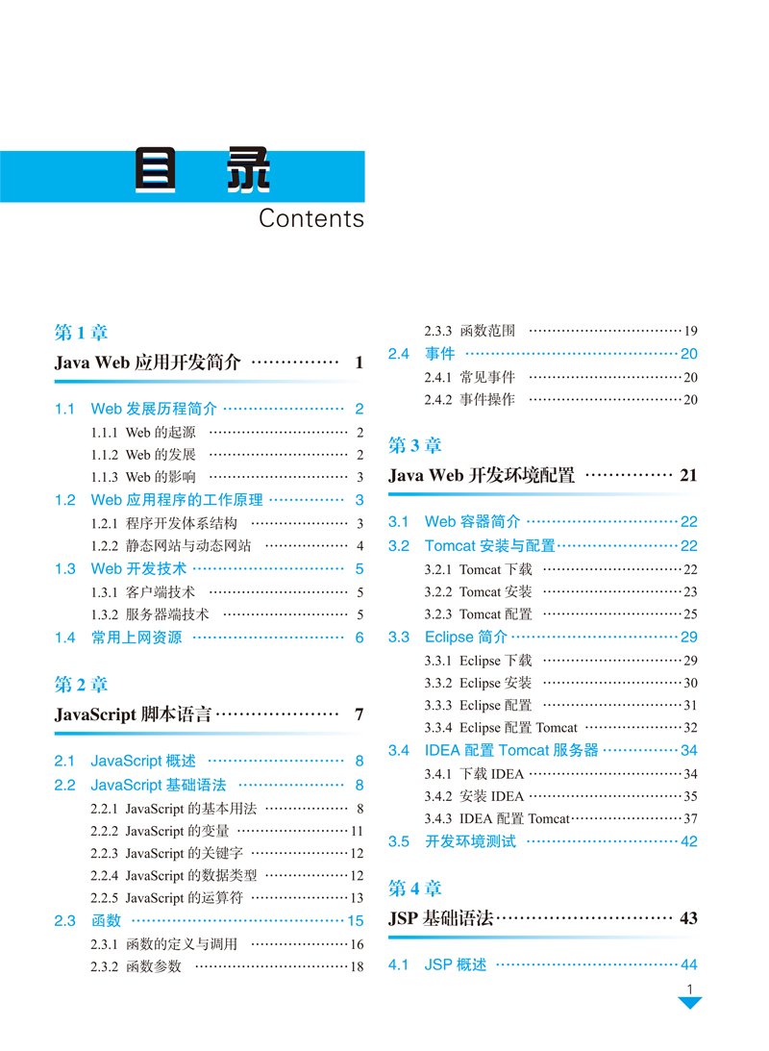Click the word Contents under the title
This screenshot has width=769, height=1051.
pyautogui.click(x=311, y=218)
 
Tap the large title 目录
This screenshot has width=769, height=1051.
pyautogui.click(x=203, y=173)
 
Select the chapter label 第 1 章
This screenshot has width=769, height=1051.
pyautogui.click(x=82, y=333)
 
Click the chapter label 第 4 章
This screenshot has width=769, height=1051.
pyautogui.click(x=415, y=888)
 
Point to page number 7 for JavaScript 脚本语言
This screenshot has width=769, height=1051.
pyautogui.click(x=359, y=714)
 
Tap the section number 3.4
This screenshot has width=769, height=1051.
pyautogui.click(x=399, y=750)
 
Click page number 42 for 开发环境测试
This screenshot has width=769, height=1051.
pyautogui.click(x=688, y=841)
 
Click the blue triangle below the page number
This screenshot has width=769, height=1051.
pyautogui.click(x=689, y=1003)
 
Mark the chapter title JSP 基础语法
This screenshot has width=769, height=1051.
pyautogui.click(x=441, y=918)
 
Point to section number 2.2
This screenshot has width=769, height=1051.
pyautogui.click(x=65, y=785)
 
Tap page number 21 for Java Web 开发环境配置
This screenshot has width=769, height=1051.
pyautogui.click(x=688, y=475)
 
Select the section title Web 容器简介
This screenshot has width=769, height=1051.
pyautogui.click(x=473, y=521)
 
